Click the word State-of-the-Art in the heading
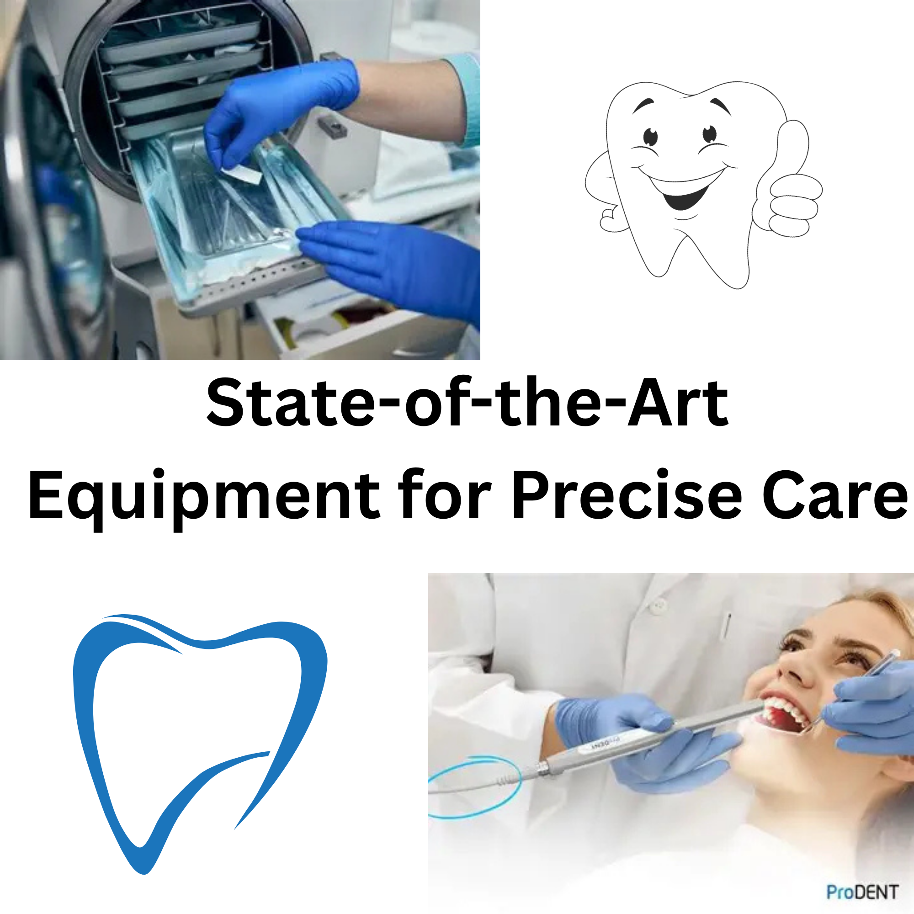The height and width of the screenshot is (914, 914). (467, 402)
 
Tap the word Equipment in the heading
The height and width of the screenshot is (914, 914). (204, 497)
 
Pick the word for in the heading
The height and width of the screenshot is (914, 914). (445, 494)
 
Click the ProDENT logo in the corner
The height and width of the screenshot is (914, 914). (862, 892)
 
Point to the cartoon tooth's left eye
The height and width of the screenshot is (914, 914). (651, 137)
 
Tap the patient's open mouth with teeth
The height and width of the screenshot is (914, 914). (783, 714)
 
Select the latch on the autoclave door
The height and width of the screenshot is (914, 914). (333, 126)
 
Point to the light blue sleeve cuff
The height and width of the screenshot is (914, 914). (466, 99)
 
